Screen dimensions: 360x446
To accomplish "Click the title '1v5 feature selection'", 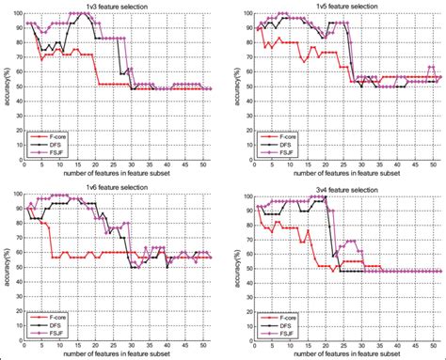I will click(343, 7).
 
